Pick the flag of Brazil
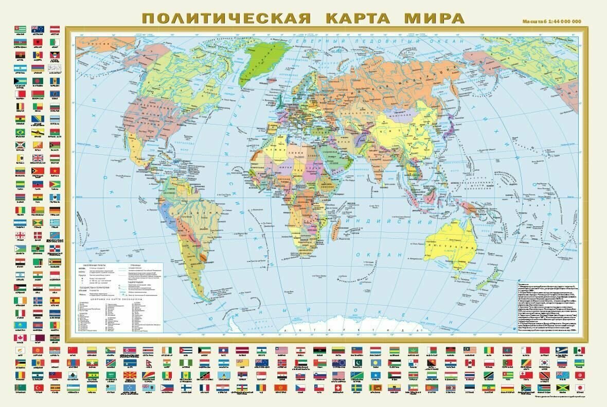(x=21, y=132)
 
